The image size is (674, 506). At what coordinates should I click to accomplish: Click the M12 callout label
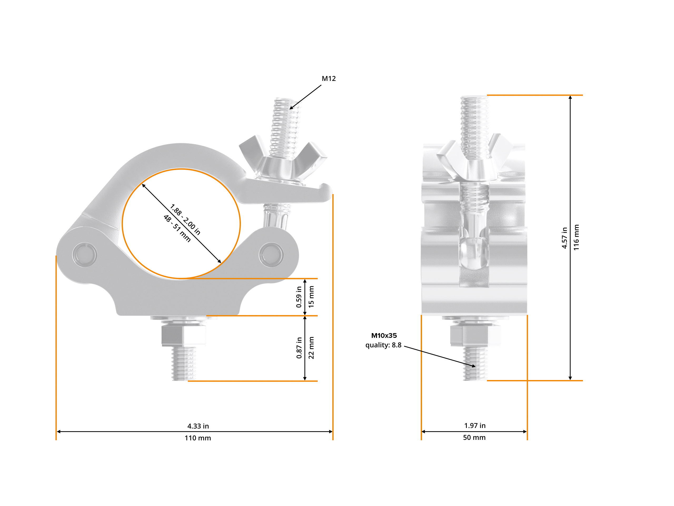[x=329, y=79]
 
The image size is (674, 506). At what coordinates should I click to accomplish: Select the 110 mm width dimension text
[x=198, y=438]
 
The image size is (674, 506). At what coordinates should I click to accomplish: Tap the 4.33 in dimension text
[x=198, y=426]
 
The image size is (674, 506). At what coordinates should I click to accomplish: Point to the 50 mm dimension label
[x=474, y=437]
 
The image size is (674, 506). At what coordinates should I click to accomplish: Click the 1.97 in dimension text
[x=475, y=425]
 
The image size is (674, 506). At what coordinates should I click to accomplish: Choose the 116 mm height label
[x=576, y=238]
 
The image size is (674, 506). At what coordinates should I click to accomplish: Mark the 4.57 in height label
[x=564, y=238]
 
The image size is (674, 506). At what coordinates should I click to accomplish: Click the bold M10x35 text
[x=384, y=335]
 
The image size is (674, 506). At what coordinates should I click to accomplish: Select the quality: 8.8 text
[x=383, y=345]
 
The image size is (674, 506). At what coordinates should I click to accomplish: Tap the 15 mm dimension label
[x=311, y=297]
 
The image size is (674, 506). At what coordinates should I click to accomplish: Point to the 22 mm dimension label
[x=311, y=348]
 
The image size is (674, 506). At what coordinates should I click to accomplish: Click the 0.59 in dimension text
[x=299, y=297]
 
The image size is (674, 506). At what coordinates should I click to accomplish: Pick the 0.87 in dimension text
[x=299, y=348]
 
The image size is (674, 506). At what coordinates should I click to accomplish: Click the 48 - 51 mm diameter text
[x=177, y=229]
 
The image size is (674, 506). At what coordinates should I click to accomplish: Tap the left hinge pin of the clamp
[x=85, y=254]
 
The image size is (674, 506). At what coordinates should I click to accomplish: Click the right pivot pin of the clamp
[x=271, y=254]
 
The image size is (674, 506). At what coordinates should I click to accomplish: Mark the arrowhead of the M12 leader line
[x=290, y=108]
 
